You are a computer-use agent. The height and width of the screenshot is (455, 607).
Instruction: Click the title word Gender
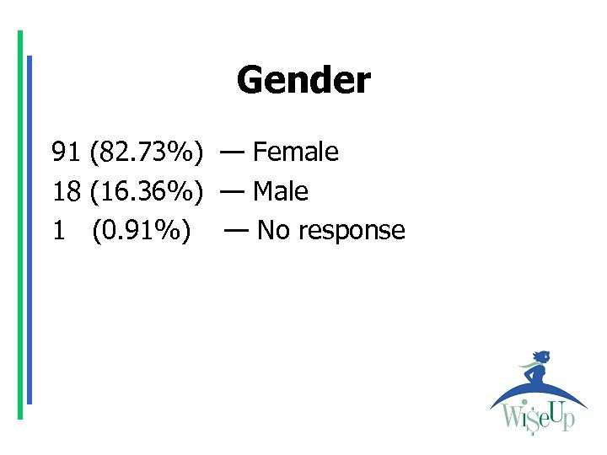(x=303, y=81)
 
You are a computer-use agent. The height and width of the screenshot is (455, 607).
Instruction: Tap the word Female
(x=295, y=153)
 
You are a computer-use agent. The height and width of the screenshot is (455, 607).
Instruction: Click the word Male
(x=280, y=192)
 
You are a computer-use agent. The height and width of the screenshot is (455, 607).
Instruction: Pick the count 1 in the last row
(x=58, y=231)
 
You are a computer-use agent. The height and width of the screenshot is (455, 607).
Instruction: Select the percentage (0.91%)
(x=141, y=231)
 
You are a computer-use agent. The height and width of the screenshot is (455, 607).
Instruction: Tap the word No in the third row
(x=272, y=231)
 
